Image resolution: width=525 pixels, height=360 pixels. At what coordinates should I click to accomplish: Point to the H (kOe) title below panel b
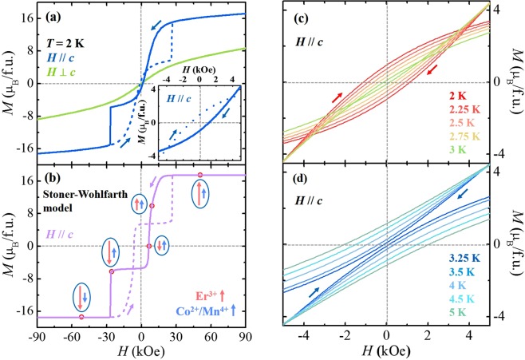coord(140,352)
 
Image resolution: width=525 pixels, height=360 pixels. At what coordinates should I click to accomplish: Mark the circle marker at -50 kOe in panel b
coord(81,317)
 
